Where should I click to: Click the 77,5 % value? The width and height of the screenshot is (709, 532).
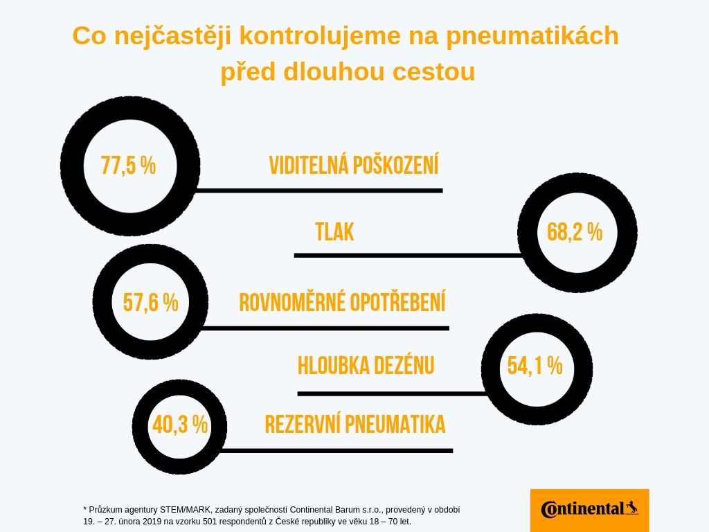click(x=128, y=165)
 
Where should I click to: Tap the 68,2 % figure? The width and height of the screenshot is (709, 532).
click(x=575, y=232)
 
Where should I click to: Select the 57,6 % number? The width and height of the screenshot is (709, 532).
click(x=150, y=302)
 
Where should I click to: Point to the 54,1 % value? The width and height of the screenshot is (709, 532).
click(x=535, y=366)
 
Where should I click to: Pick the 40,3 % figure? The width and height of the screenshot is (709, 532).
click(x=180, y=425)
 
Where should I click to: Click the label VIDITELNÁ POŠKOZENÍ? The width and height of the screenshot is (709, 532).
click(x=354, y=165)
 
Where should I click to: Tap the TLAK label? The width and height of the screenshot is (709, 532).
click(x=334, y=232)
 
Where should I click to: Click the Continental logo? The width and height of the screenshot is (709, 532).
click(x=590, y=510)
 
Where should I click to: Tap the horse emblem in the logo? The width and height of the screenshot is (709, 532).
click(x=632, y=508)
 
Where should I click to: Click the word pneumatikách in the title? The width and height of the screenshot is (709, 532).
click(x=532, y=36)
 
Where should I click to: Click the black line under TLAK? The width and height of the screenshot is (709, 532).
click(x=409, y=256)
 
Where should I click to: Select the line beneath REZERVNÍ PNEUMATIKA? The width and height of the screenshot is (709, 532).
click(x=336, y=450)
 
